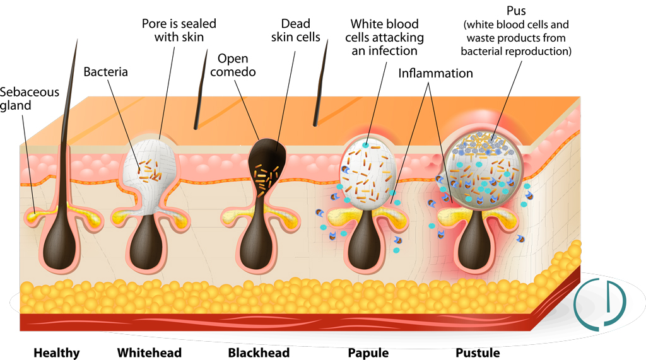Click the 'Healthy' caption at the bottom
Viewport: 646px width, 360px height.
57,352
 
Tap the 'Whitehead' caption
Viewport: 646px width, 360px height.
150,352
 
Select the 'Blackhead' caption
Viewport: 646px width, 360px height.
259,352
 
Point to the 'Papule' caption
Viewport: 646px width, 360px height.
368,352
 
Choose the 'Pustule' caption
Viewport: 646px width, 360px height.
478,352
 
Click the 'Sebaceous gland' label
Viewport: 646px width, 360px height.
30,98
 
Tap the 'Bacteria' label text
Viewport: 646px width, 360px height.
105,72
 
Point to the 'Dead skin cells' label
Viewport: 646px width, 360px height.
295,30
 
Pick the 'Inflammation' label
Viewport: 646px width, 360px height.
435,73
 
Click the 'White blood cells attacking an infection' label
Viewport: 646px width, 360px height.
384,37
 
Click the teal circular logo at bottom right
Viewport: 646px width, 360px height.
599,302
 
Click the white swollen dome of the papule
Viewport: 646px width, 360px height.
369,170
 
